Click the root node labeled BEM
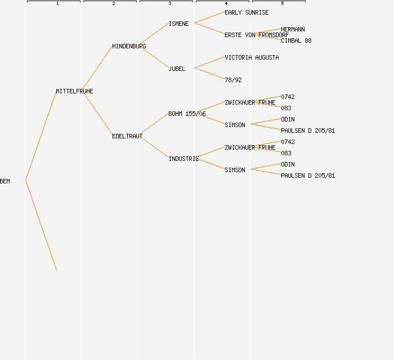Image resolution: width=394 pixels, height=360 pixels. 5,181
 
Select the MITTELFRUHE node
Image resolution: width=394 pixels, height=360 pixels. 74,91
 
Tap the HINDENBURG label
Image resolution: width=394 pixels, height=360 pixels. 129,46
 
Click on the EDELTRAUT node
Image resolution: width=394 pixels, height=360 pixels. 127,136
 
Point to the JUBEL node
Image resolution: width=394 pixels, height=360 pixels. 177,69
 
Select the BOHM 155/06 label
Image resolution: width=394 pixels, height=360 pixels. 187,114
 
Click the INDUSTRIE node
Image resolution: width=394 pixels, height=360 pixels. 183,159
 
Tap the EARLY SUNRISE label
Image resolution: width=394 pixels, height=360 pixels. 247,12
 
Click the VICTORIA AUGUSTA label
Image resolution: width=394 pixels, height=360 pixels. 252,57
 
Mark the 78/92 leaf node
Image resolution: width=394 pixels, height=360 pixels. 233,80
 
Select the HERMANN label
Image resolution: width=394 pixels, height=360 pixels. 293,29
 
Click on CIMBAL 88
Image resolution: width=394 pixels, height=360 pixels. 296,40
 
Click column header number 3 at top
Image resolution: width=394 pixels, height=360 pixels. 170,4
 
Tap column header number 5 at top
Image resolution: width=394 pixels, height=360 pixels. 283,4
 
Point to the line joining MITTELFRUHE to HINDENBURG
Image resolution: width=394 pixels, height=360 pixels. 97,69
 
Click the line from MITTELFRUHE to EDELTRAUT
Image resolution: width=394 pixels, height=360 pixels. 97,114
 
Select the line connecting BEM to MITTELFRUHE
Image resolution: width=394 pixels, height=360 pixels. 41,136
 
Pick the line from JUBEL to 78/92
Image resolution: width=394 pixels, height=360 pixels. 209,74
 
